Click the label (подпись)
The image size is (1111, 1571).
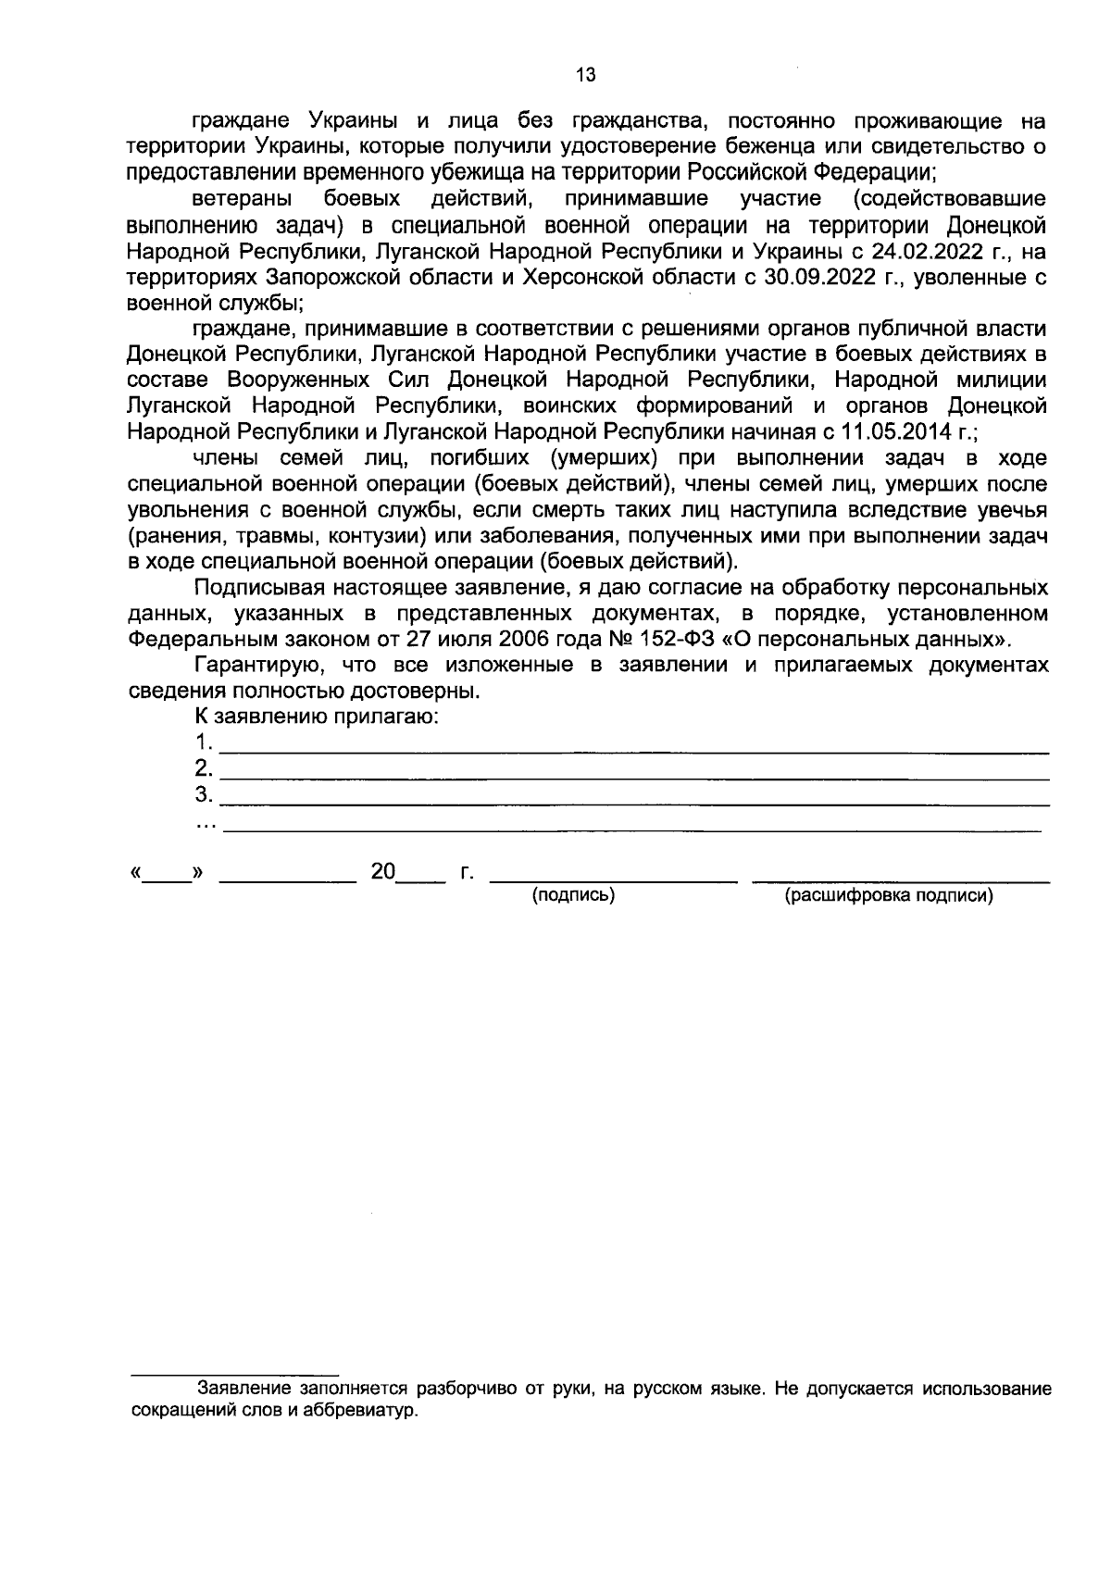click(573, 895)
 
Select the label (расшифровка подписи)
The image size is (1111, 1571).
click(889, 895)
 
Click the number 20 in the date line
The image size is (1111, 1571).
click(382, 872)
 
